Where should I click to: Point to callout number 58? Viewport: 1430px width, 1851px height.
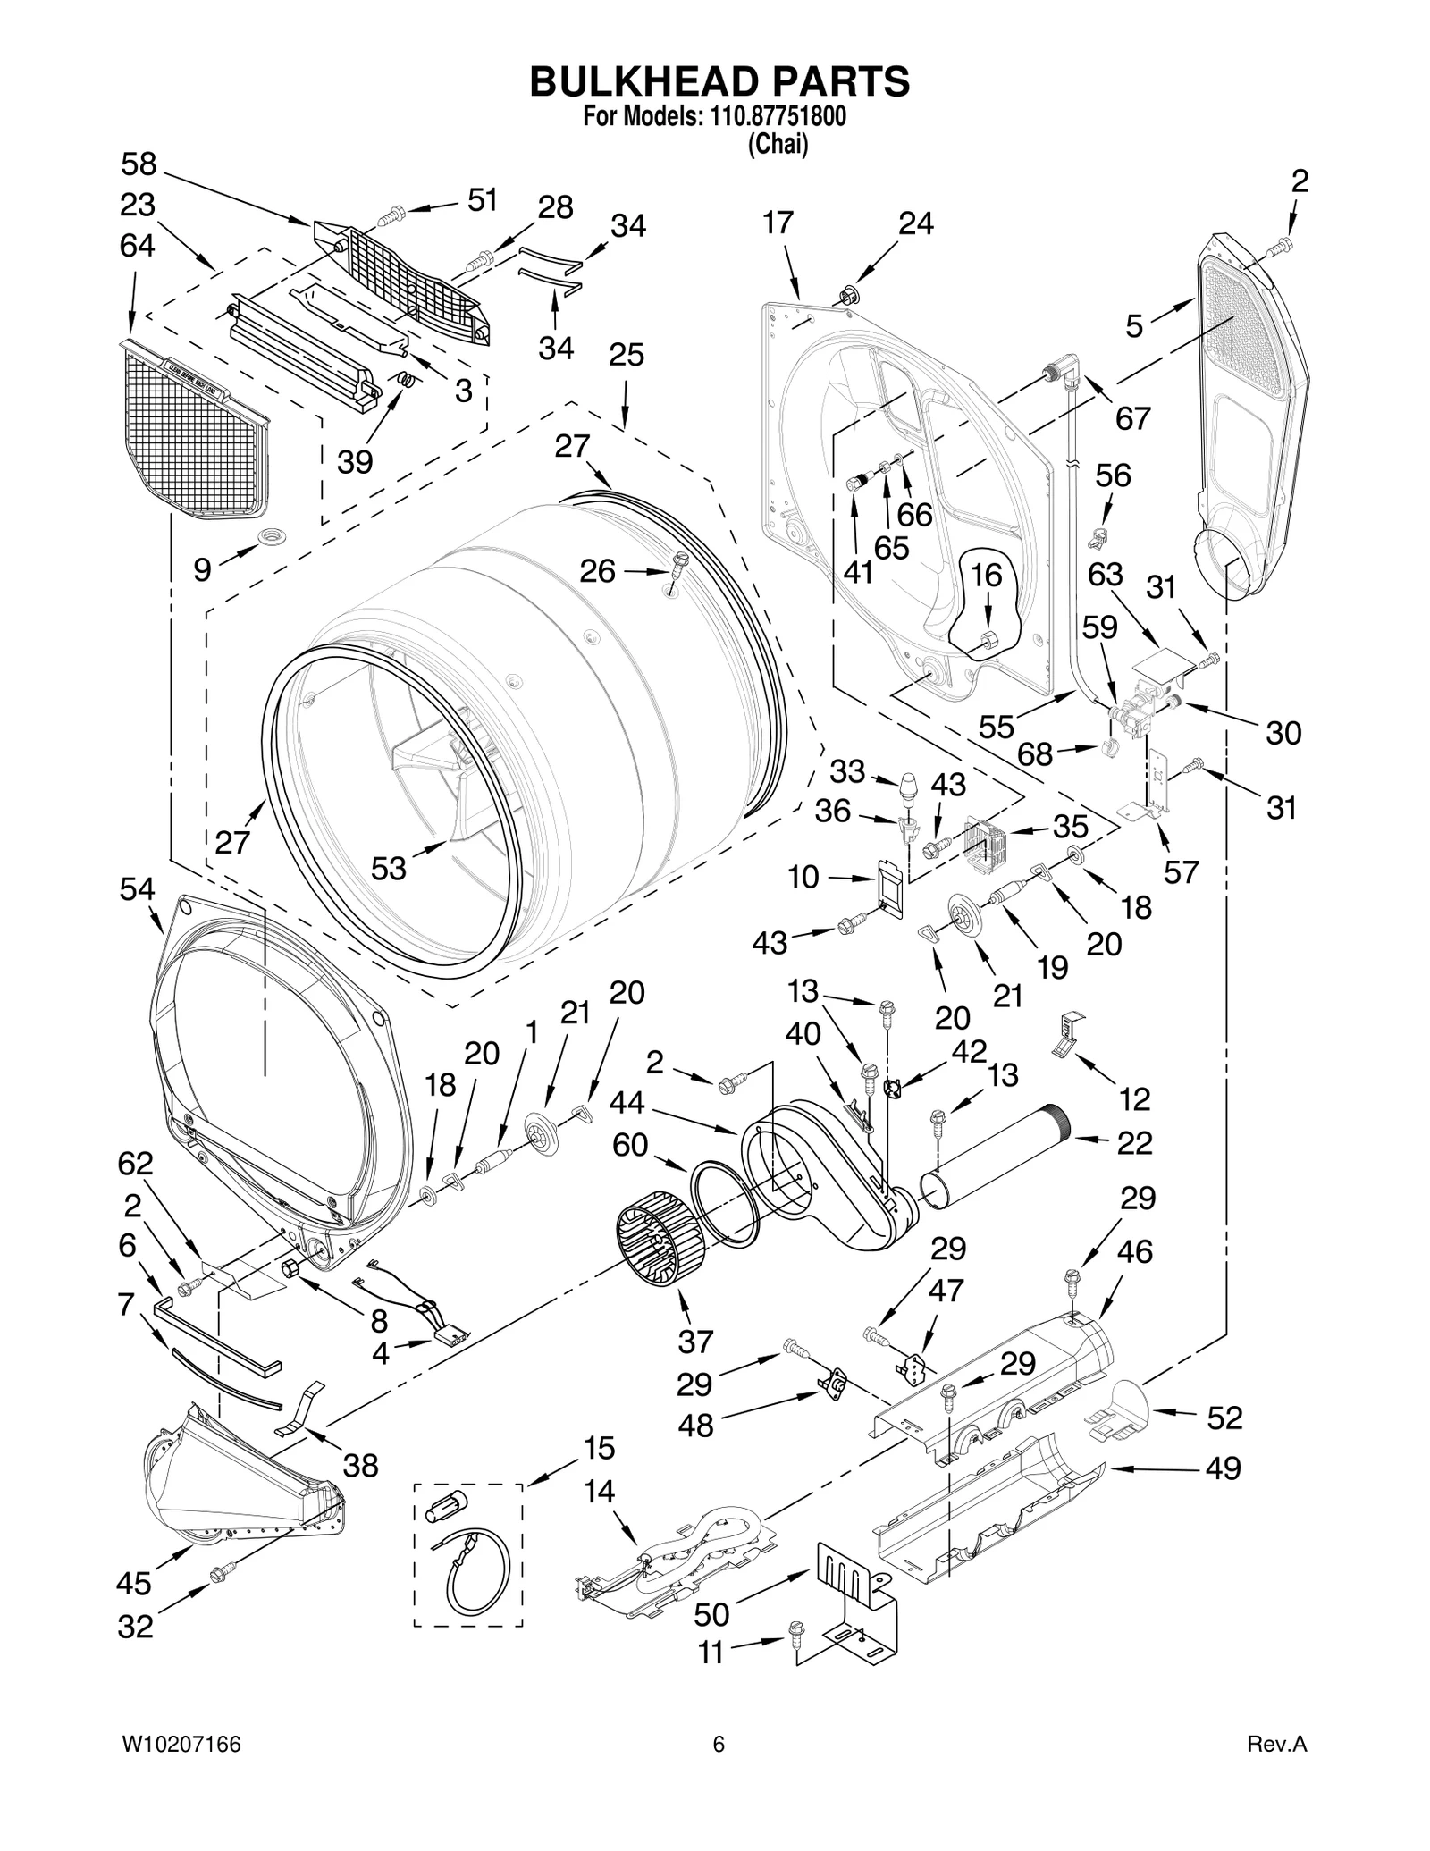point(139,164)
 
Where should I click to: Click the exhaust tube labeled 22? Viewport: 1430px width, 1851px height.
point(992,1155)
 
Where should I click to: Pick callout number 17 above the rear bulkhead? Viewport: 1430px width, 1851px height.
point(778,223)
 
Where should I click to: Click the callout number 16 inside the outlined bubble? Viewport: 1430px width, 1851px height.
point(987,576)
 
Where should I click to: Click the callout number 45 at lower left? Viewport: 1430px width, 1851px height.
point(134,1584)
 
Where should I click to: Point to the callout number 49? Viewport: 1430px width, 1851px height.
point(1223,1468)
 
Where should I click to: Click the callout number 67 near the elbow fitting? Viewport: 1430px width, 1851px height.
point(1132,417)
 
